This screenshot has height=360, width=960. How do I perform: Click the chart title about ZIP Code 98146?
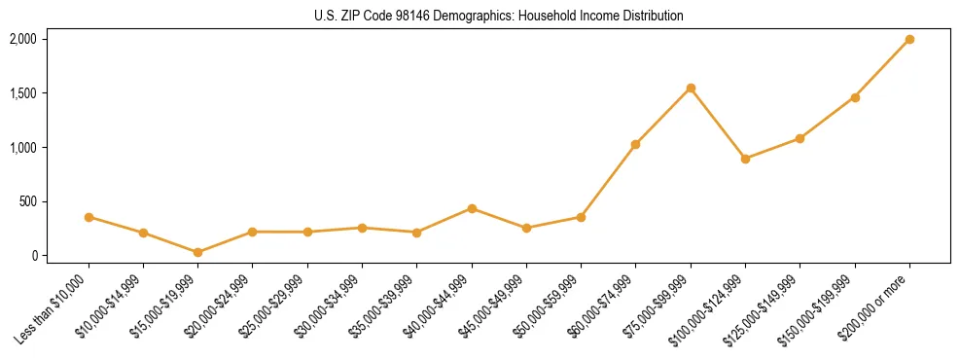(x=499, y=16)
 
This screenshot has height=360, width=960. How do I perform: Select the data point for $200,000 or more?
(x=909, y=40)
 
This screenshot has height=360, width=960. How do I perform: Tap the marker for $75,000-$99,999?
(x=691, y=89)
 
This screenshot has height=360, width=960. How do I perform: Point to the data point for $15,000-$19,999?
(x=198, y=252)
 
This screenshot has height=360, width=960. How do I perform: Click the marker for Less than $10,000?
(x=89, y=217)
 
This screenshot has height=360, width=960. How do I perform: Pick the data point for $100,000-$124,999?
(x=745, y=159)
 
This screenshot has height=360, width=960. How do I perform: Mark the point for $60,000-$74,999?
(x=636, y=145)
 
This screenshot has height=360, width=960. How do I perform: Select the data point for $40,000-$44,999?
(x=472, y=208)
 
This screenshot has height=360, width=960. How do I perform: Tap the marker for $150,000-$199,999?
(x=855, y=97)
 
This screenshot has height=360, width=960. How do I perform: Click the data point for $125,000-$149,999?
(x=800, y=138)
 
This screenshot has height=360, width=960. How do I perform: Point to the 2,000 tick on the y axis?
(x=22, y=39)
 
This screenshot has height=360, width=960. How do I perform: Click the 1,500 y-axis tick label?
(x=22, y=93)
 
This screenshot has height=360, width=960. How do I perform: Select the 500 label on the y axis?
(x=27, y=201)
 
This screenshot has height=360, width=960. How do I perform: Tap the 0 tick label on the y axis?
(x=33, y=256)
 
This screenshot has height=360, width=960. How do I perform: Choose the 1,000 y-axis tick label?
(x=22, y=148)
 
